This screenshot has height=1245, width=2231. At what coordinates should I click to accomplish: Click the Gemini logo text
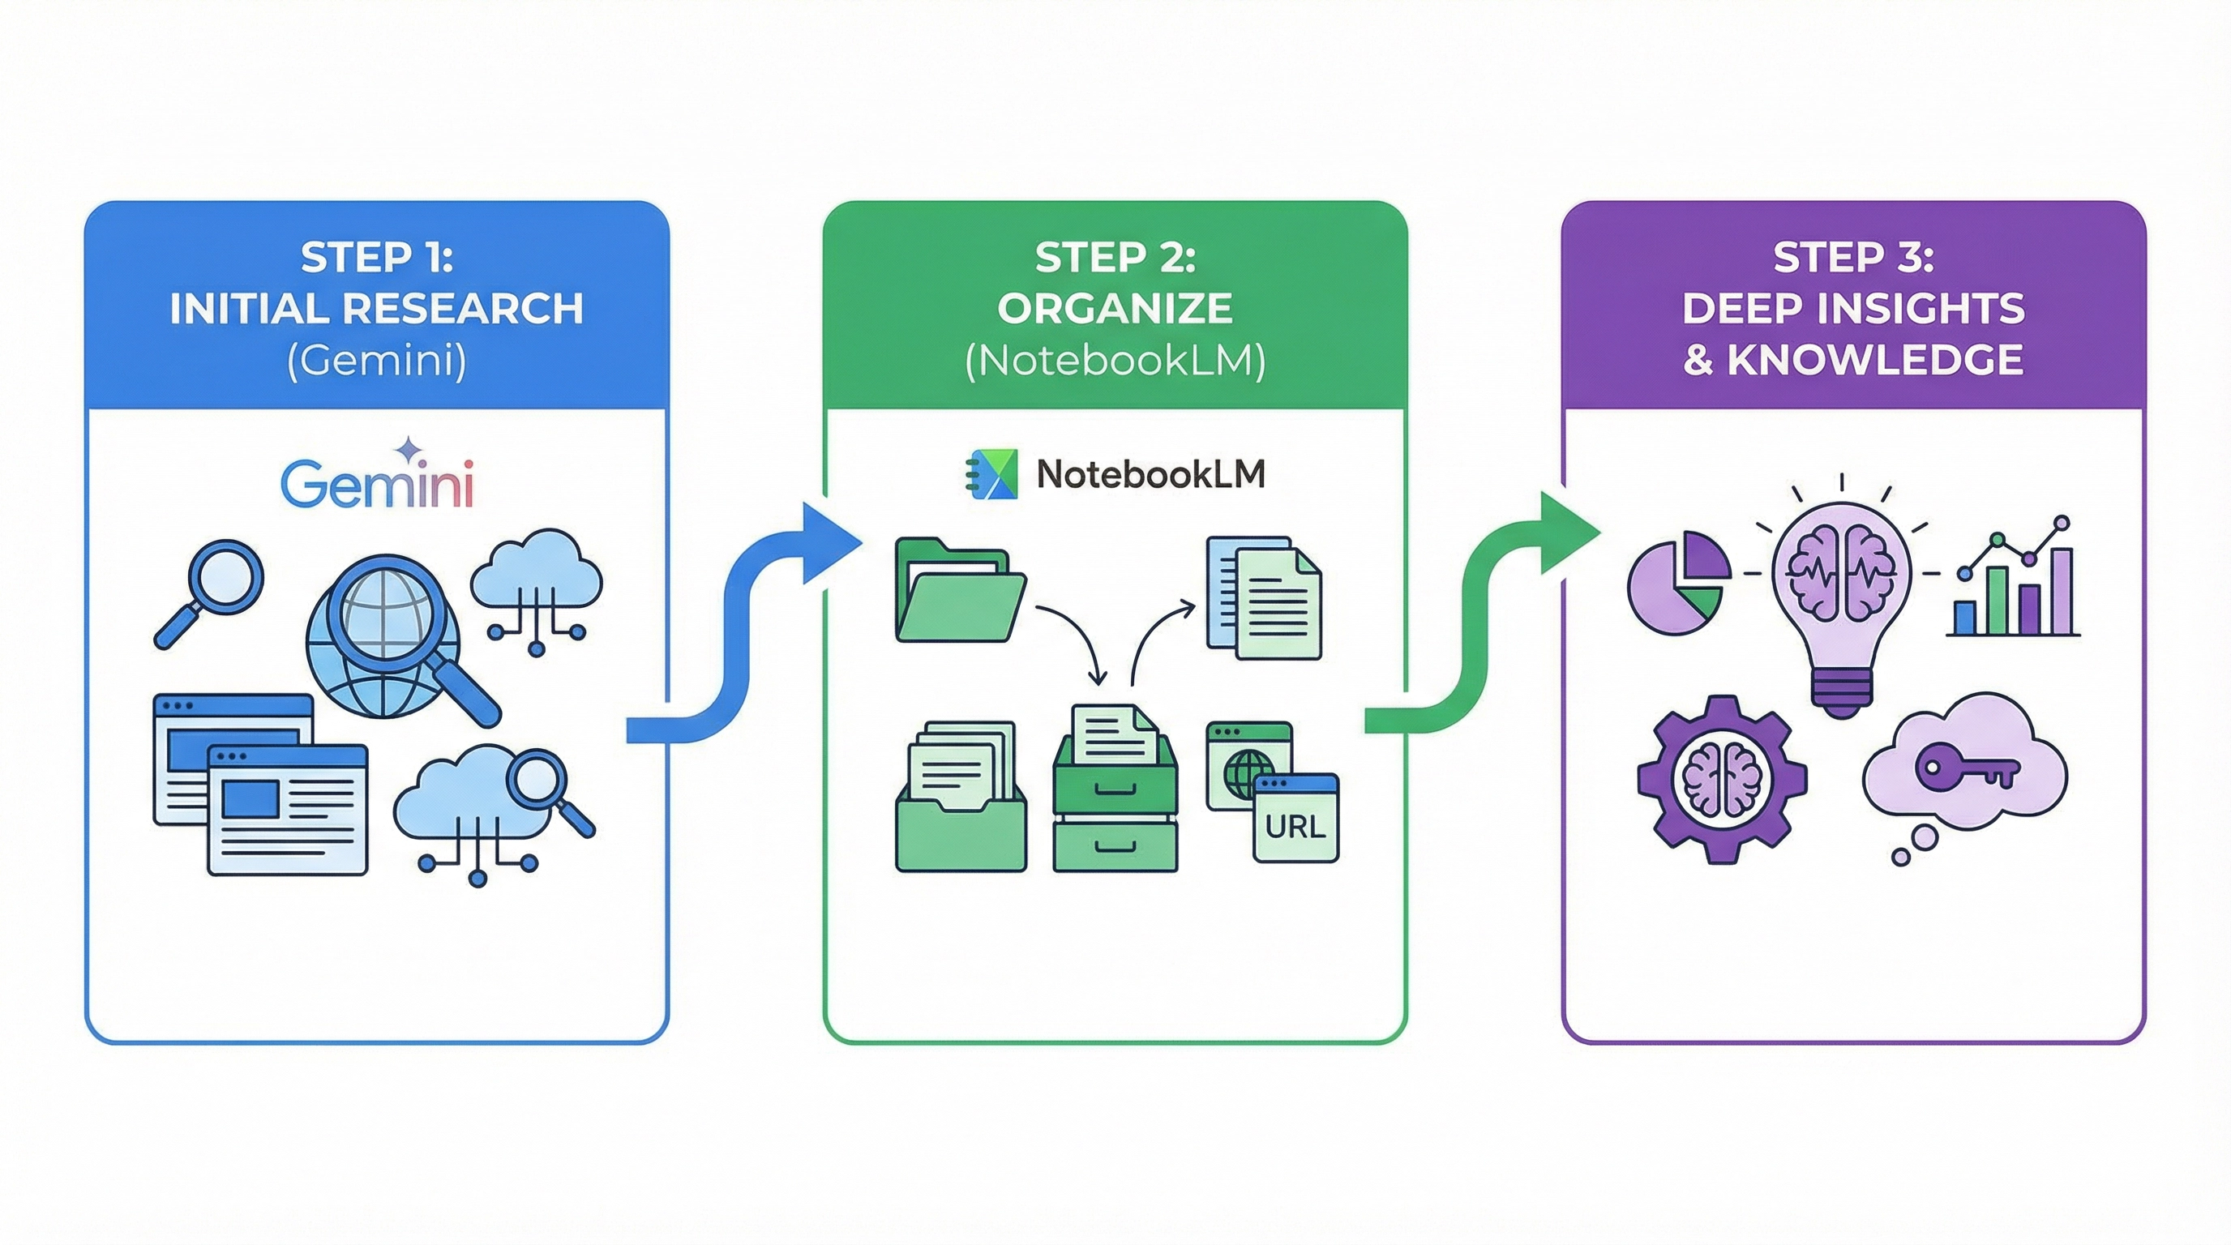click(x=378, y=486)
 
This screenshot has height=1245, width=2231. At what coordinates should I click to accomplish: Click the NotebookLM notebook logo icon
click(x=991, y=474)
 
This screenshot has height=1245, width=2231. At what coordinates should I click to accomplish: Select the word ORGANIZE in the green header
click(x=1115, y=309)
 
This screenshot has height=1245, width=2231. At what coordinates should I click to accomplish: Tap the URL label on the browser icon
click(x=1295, y=827)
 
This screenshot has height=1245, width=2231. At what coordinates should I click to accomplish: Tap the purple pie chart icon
click(x=1678, y=582)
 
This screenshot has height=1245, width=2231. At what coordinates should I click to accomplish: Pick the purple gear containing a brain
click(x=1722, y=779)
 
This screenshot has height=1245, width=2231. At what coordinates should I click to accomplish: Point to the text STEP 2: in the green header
click(x=1115, y=257)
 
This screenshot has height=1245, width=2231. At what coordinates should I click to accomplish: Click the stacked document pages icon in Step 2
click(x=1264, y=597)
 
